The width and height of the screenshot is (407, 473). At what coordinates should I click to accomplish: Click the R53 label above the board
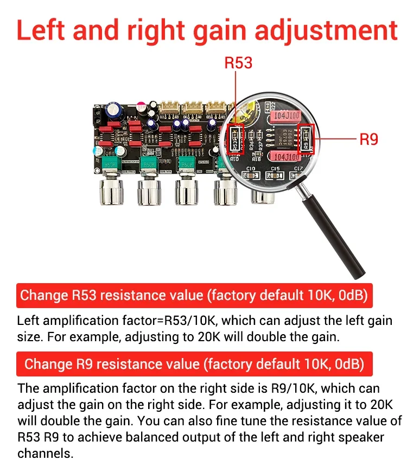[238, 63]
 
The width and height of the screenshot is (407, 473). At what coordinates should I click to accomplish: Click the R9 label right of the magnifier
[368, 139]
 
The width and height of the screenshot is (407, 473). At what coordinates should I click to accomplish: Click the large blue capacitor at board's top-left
[116, 111]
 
